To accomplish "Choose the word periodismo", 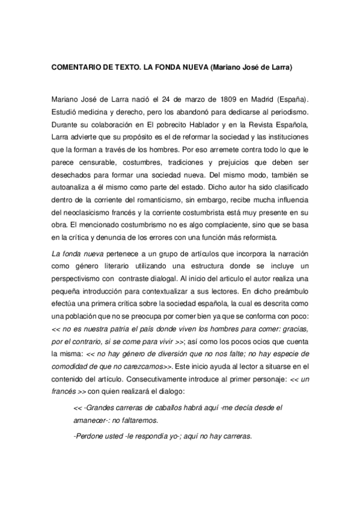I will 286,112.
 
